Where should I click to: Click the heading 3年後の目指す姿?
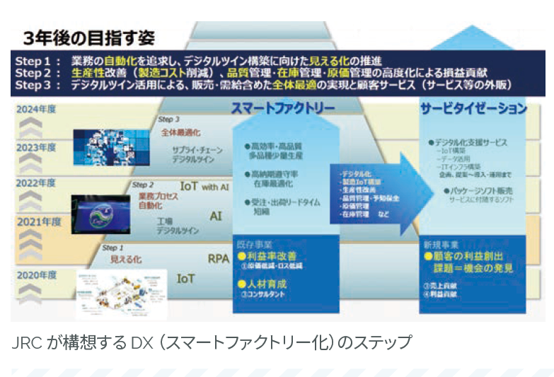tap(88, 37)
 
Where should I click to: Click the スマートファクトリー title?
tap(283, 108)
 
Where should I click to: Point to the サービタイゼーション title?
tap(473, 108)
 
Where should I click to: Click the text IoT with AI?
tap(204, 187)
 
